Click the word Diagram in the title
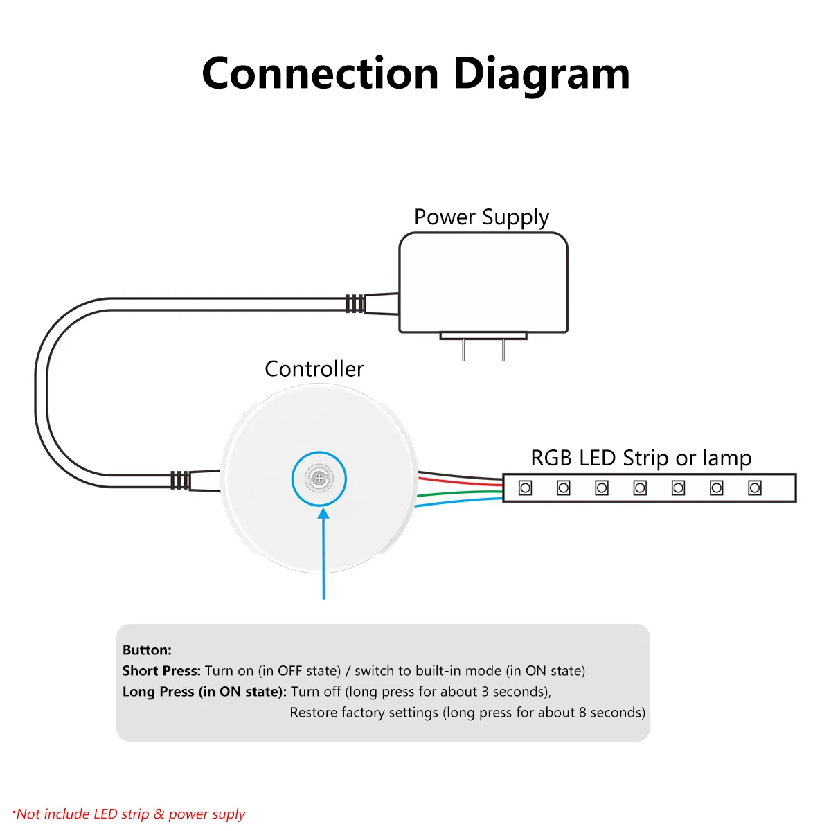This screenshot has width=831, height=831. [x=542, y=74]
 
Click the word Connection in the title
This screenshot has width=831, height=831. [x=321, y=73]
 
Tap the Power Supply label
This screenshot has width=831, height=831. [x=481, y=217]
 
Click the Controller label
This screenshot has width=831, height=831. [x=314, y=369]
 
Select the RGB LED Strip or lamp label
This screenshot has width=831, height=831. [x=641, y=458]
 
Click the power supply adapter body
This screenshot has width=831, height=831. [x=483, y=283]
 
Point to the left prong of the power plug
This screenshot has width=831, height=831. [x=463, y=350]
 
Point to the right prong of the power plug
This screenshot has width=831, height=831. [x=503, y=350]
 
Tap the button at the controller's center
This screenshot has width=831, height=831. [x=319, y=479]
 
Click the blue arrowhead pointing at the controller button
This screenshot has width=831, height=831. [x=323, y=514]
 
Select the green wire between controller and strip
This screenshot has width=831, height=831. [x=460, y=492]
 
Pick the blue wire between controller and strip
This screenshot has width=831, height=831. [x=459, y=502]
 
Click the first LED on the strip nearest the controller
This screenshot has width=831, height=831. [x=525, y=488]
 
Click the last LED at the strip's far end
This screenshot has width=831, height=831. [x=754, y=488]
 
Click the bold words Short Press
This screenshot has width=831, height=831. [x=162, y=672]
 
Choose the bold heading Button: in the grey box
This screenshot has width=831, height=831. [x=147, y=650]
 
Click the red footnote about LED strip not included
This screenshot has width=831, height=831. [x=129, y=814]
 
